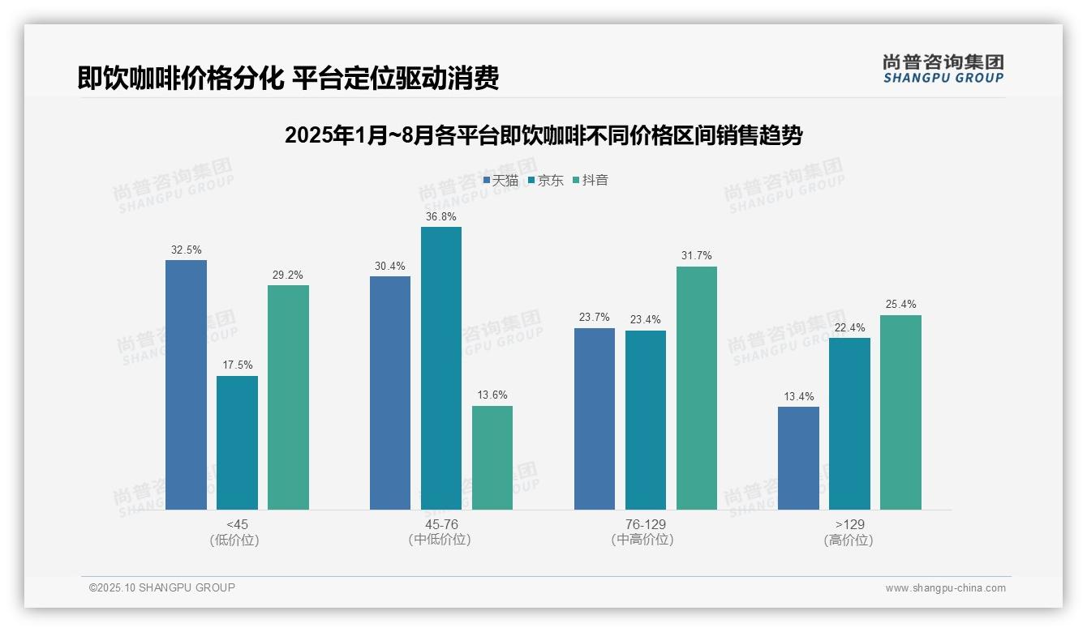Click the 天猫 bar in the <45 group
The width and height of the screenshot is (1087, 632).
coord(186,385)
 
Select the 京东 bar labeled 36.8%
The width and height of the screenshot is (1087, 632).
coord(441,368)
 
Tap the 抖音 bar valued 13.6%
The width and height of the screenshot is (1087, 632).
coord(492,458)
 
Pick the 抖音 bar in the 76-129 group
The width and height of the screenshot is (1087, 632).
coord(697,388)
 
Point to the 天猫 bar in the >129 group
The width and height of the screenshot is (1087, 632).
coord(798,458)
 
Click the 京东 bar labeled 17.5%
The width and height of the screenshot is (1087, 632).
coord(237,442)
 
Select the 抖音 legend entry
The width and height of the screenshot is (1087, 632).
coord(591,181)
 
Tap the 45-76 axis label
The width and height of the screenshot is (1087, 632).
coord(441,524)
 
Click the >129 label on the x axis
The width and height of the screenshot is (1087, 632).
coord(849,524)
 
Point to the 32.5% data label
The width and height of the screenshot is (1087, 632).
coord(187,250)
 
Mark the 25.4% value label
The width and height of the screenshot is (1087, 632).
coord(901,305)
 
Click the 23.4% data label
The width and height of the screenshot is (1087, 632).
coord(646,320)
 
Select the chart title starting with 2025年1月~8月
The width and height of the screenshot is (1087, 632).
coord(543,135)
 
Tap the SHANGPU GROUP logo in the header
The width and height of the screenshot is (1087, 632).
coord(943,69)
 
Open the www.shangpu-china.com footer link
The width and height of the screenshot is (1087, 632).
coord(945,588)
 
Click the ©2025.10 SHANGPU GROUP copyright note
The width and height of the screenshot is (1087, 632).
coord(162,587)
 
